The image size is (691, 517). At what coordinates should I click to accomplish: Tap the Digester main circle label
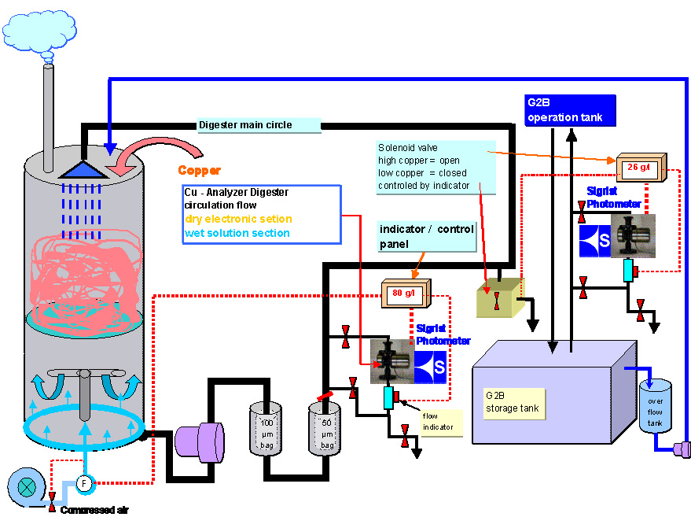244,124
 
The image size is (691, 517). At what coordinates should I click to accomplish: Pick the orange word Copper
199,170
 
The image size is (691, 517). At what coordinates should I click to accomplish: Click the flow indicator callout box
441,422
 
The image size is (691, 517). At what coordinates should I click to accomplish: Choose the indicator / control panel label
426,235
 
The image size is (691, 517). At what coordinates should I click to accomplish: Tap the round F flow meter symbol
85,482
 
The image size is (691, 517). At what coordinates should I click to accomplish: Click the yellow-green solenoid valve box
498,298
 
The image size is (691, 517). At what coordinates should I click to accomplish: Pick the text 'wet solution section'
237,233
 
